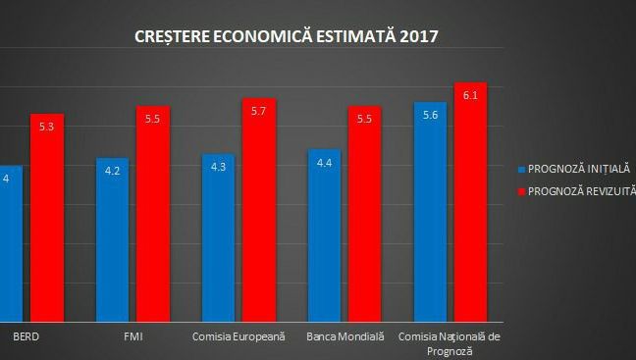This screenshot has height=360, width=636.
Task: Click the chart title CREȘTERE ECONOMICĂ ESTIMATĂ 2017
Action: click(287, 37)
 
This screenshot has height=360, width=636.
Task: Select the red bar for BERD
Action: click(46, 226)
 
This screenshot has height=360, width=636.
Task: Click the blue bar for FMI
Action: click(112, 245)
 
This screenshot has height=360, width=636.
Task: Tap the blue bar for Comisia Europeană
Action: click(218, 245)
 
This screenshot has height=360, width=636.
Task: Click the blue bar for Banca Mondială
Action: click(325, 240)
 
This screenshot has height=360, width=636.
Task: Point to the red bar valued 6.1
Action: click(470, 206)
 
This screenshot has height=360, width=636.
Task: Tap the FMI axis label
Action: click(132, 336)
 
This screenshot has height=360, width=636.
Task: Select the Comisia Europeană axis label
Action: click(238, 336)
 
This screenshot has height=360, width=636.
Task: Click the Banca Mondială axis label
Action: click(344, 336)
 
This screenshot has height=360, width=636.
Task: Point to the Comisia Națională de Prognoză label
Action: click(450, 342)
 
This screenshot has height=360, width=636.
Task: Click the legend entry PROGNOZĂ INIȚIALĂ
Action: click(577, 168)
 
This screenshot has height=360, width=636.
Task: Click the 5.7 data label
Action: click(259, 112)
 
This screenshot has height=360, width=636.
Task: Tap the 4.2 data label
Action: click(112, 171)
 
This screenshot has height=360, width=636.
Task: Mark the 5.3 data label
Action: click(46, 127)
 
